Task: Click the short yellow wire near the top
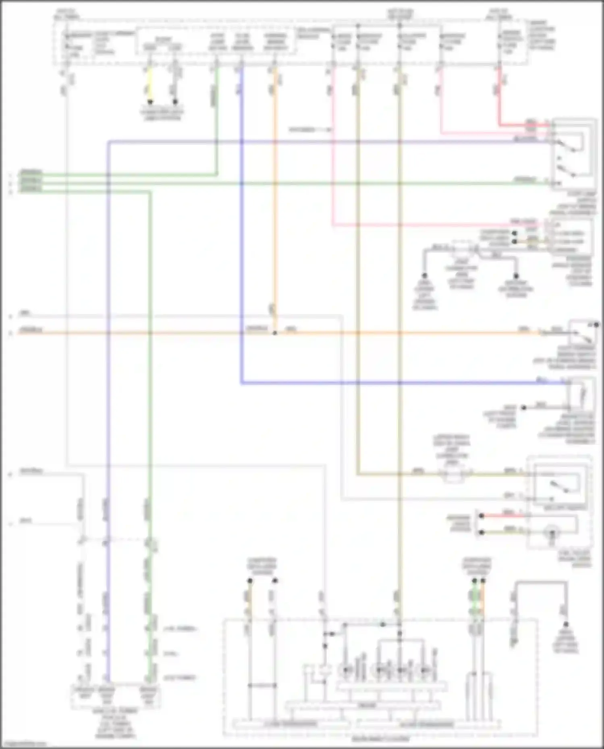coord(150,85)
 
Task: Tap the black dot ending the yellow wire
coord(150,102)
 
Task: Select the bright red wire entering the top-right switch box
coord(524,125)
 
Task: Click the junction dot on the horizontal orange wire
coord(275,333)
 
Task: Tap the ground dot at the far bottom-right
coord(566,624)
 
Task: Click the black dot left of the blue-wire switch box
coord(524,408)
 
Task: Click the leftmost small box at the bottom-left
coord(83,692)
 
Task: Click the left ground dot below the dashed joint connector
coord(424,276)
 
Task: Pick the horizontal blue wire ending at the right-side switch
coord(403,384)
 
